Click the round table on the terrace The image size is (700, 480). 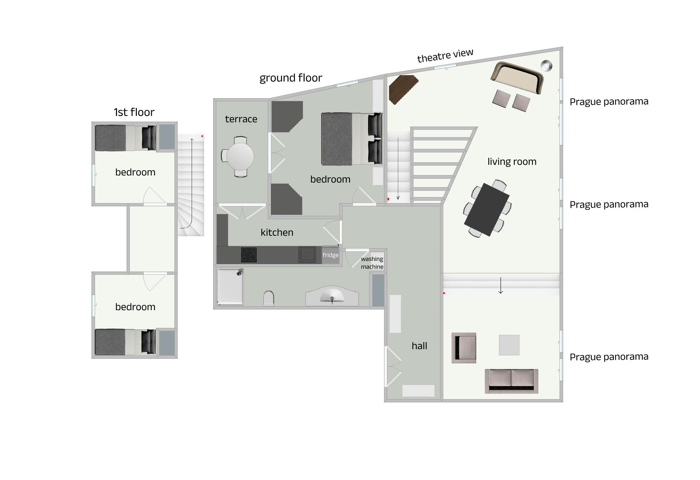point(240,157)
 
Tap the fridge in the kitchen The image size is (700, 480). point(330,255)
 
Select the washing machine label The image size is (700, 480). point(372,263)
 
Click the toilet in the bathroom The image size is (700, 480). point(269,298)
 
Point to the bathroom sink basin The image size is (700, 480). point(332,296)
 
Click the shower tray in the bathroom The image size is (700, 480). point(230,286)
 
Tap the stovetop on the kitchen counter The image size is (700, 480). point(249,255)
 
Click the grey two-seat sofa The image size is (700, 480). point(511,381)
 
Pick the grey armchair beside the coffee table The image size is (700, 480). point(464,348)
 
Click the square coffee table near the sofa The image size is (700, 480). point(509,345)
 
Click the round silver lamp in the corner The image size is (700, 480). point(546,66)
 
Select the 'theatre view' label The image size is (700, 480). point(445,56)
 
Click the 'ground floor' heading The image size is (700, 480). point(291,78)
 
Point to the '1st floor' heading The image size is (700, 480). point(134,112)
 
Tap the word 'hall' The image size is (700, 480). point(419,346)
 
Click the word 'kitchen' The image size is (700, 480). point(277,233)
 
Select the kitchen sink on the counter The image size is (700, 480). point(307,255)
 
